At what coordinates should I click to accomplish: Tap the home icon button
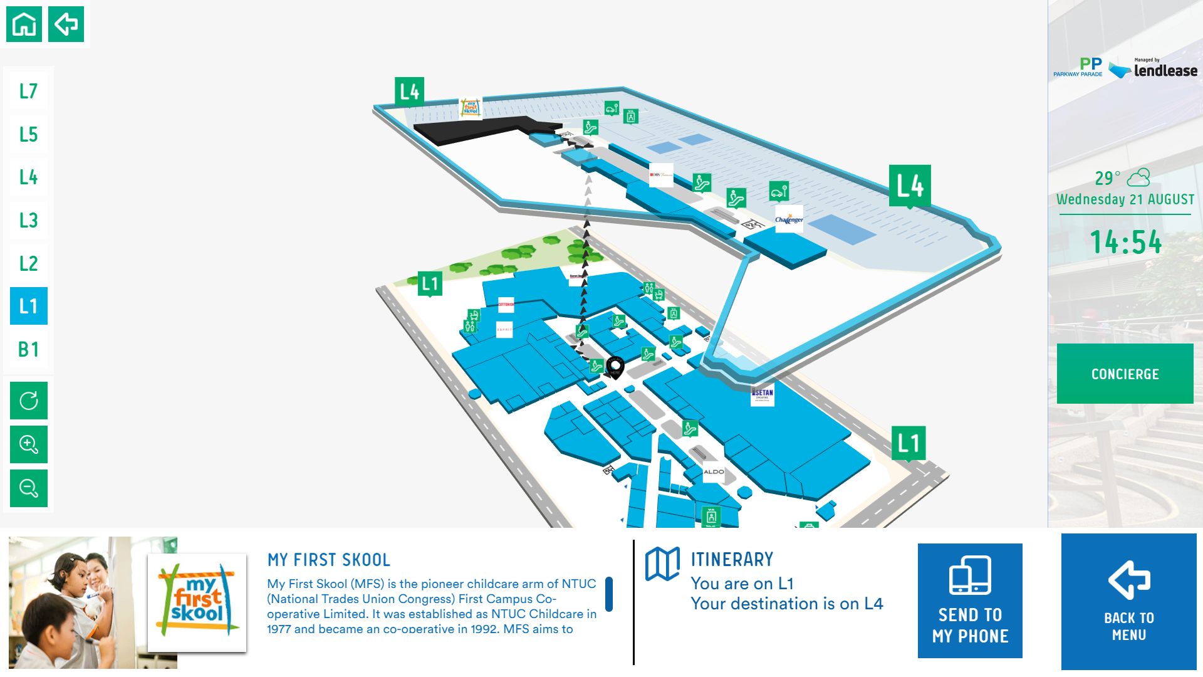(24, 24)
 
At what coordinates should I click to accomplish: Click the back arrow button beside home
(66, 24)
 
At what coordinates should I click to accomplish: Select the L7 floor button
(29, 92)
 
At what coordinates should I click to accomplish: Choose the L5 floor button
(29, 134)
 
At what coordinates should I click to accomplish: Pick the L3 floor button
(29, 220)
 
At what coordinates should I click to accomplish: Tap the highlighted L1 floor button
(29, 306)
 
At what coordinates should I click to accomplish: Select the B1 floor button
(29, 349)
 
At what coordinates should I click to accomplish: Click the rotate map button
(29, 401)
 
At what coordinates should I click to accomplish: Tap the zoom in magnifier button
(29, 444)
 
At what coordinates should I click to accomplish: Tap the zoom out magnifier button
(29, 488)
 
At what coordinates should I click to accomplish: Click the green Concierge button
(1125, 374)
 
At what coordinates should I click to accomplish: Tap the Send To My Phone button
(970, 601)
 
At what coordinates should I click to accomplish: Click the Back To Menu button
(1128, 602)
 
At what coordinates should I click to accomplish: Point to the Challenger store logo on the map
(789, 219)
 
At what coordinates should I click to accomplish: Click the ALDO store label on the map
(714, 471)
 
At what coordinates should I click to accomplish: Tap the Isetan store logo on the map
(762, 394)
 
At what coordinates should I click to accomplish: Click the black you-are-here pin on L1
(615, 366)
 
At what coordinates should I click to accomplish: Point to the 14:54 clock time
(1126, 242)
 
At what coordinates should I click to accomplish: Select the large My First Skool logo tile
(197, 602)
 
